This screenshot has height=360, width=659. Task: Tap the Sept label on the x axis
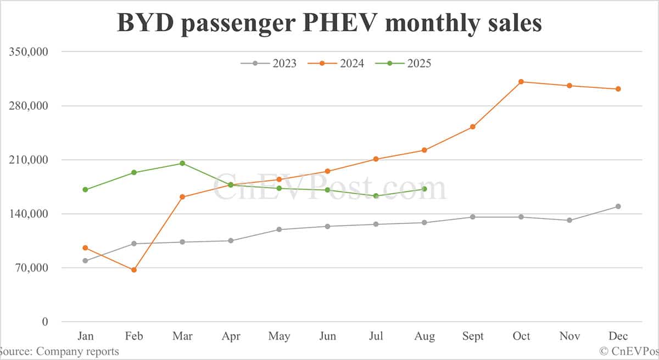pos(472,336)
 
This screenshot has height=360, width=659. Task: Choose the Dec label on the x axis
pos(618,336)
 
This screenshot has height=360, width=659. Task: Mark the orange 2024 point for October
pos(521,82)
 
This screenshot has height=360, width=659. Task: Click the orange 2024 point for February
pos(133,270)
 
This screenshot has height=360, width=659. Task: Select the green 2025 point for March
pos(182,164)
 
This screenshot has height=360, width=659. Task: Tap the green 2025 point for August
pos(424,189)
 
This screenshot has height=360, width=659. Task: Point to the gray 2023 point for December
pos(618,206)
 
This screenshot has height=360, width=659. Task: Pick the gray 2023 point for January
pos(85,261)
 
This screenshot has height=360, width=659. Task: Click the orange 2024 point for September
pos(472,127)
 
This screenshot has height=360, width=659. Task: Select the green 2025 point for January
pos(85,190)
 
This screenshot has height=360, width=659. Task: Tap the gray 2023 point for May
pos(279,229)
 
